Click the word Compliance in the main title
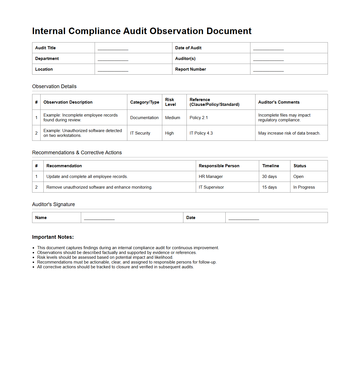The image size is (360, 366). tap(94, 31)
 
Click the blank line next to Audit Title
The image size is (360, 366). tap(113, 48)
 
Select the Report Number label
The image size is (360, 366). tap(190, 69)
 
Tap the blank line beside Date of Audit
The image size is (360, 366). tap(268, 48)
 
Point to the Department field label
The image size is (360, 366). tap(47, 59)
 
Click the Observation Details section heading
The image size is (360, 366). tap(54, 86)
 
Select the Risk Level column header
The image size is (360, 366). tap(170, 102)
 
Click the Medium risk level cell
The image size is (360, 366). tap(173, 118)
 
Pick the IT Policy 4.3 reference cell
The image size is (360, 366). tap(201, 133)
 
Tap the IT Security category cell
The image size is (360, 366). tap(140, 133)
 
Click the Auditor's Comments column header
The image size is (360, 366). tap(279, 102)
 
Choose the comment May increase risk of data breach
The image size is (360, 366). tap(289, 133)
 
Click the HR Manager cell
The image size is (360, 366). tap(211, 177)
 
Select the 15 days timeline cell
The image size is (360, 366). tap(270, 187)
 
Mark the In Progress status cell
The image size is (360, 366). tap(304, 187)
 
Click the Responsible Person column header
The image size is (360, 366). tap(219, 166)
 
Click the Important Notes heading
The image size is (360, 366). tap(53, 237)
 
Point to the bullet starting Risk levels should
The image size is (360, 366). tap(105, 257)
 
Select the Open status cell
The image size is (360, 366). tap(299, 177)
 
